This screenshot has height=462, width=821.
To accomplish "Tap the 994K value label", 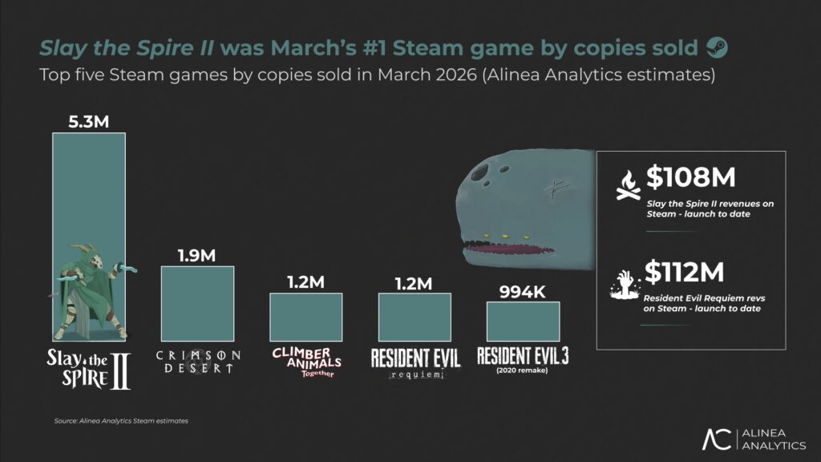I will click(522, 290).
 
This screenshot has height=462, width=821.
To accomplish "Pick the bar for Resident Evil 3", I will click(522, 322).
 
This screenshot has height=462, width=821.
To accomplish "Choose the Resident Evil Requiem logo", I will click(414, 363).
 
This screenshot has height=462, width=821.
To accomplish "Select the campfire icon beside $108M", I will click(628, 184).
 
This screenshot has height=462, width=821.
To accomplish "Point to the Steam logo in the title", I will click(717, 48).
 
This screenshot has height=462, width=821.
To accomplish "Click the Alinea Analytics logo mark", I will click(715, 440).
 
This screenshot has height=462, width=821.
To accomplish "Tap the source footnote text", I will click(120, 420).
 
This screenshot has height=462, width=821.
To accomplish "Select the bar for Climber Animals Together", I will click(306, 318).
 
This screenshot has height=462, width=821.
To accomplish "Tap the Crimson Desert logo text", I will click(197, 361).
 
